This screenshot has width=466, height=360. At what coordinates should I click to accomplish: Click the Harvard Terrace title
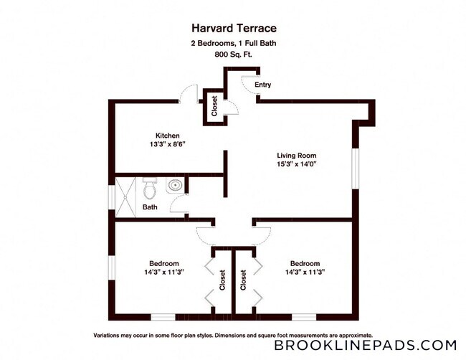(233, 29)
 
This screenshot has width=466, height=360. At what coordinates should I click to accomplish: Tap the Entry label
(262, 85)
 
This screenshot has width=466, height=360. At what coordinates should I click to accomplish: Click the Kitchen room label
(168, 136)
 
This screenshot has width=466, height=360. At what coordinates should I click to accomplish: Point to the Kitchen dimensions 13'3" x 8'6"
(168, 144)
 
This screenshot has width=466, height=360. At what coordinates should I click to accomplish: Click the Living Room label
(296, 155)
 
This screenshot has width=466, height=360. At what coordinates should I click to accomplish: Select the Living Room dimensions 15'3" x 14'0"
(296, 164)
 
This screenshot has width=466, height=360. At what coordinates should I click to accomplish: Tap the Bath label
(150, 207)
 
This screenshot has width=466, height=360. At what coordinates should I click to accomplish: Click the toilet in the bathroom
(149, 188)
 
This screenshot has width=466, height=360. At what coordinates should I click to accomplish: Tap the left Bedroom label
(164, 263)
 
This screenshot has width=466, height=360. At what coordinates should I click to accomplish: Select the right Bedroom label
(305, 263)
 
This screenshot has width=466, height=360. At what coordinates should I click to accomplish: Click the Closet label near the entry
(214, 107)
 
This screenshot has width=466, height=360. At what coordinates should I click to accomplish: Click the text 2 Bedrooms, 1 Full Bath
(233, 42)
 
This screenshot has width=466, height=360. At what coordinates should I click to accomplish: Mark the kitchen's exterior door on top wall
(189, 93)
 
